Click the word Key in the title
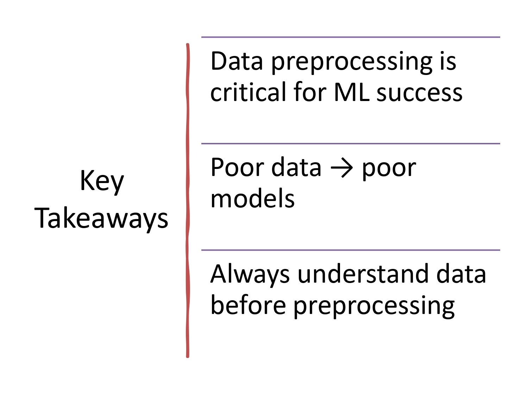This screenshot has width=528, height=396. (102, 181)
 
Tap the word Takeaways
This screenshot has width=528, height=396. (101, 218)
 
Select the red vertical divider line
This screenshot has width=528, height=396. (188, 201)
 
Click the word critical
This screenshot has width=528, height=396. (248, 92)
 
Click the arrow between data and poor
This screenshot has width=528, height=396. (341, 168)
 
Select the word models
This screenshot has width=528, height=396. (252, 199)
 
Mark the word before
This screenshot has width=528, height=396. (248, 305)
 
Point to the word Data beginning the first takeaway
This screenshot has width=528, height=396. (237, 61)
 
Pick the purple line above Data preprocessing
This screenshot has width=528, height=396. (351, 37)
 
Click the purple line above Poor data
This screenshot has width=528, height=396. (351, 144)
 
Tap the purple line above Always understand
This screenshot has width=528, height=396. (351, 250)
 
